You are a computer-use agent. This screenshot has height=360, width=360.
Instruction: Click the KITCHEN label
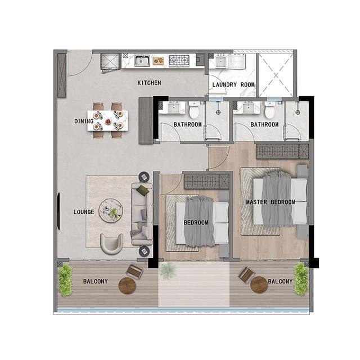click(149, 83)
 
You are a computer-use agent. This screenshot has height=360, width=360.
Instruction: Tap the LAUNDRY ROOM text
click(233, 84)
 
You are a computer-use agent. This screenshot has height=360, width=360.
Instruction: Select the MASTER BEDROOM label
click(271, 202)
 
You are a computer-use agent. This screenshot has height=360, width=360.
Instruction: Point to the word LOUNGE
click(84, 212)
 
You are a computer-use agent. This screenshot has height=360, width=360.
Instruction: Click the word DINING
click(84, 121)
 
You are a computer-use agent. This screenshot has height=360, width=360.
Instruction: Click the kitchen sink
click(142, 61)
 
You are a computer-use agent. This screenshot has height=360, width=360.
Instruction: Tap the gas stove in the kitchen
click(179, 61)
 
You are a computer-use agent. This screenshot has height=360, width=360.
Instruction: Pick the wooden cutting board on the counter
click(159, 61)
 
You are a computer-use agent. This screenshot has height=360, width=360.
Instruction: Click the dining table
click(107, 121)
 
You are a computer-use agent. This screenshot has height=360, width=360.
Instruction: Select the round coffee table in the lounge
click(111, 210)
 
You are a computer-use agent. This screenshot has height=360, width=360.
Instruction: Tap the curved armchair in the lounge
click(111, 244)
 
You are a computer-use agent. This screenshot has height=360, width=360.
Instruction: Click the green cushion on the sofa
click(142, 190)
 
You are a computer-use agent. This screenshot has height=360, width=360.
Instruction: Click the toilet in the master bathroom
click(269, 110)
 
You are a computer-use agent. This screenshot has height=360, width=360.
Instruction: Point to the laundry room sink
click(221, 61)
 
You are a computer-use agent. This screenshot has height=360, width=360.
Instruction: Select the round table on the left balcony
click(127, 286)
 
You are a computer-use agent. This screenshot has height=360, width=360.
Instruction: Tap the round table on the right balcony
click(259, 285)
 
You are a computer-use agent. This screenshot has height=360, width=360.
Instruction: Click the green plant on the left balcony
click(65, 280)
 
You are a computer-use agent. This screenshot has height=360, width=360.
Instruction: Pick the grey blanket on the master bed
click(277, 199)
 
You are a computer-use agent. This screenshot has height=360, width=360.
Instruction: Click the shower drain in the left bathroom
click(218, 112)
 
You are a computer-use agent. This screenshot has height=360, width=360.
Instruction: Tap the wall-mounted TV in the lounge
click(58, 211)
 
